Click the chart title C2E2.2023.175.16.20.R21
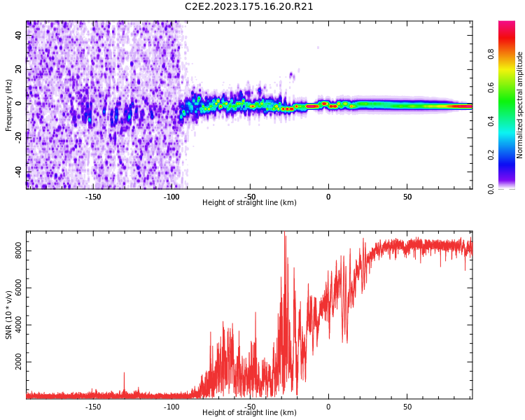249,7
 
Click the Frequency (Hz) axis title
9,105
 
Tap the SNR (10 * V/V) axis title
9,315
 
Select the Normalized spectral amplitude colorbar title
520,105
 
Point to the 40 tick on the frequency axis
20,34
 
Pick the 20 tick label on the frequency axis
20,69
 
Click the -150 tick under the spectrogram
93,197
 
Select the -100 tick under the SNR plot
171,407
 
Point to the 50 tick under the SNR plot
407,407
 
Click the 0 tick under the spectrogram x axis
328,197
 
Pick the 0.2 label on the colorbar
491,155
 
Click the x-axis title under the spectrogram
249,203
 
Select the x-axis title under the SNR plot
249,413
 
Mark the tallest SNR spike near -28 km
284,234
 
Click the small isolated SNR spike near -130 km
124,374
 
